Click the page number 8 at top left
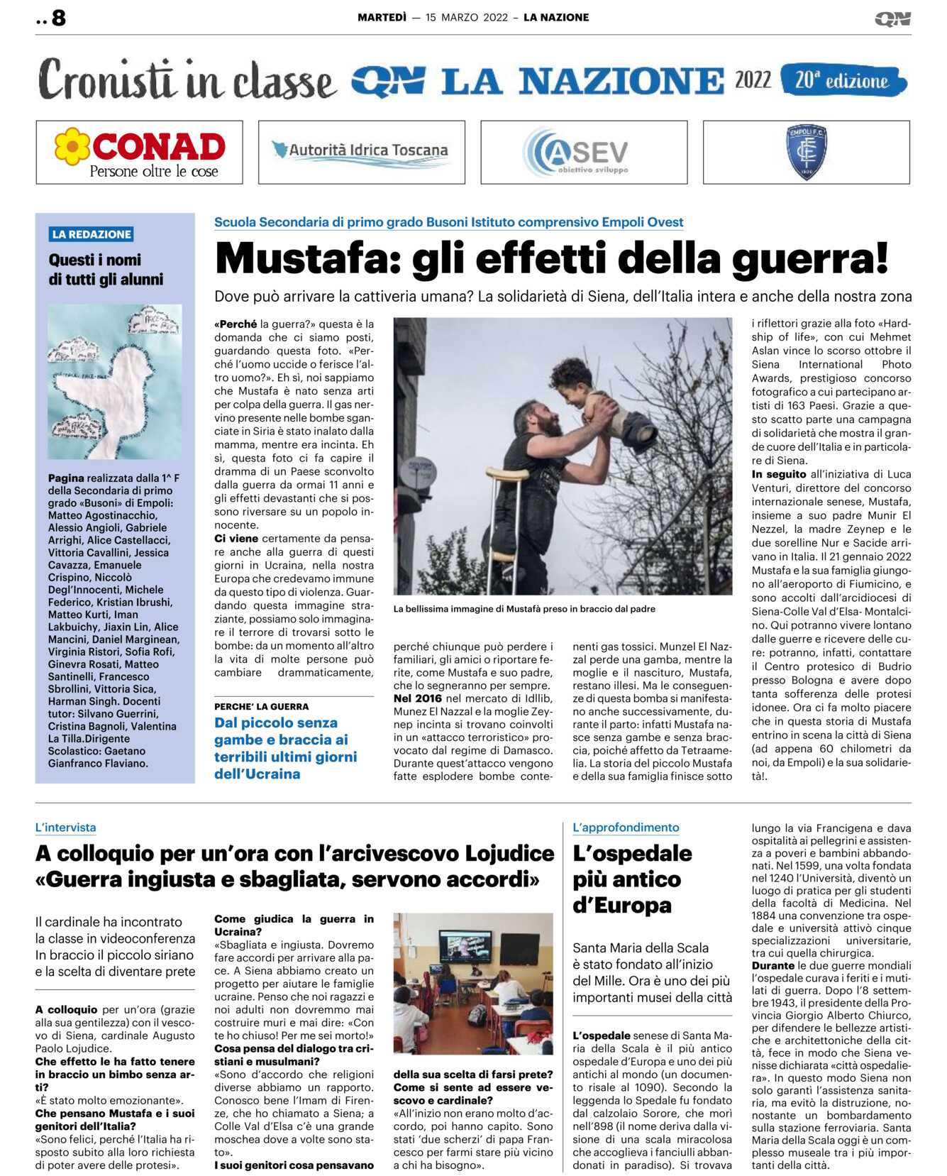click(59, 18)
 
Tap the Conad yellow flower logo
click(72, 145)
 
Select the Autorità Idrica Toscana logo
click(361, 152)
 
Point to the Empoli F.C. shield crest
click(807, 152)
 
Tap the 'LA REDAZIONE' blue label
click(92, 234)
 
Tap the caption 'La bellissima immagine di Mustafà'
click(524, 609)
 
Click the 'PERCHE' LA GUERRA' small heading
click(262, 706)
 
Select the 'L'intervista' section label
click(65, 828)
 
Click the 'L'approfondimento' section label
click(626, 828)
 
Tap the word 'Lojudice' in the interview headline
click(509, 853)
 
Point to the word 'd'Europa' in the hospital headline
click(622, 906)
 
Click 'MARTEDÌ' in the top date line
click(382, 18)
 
